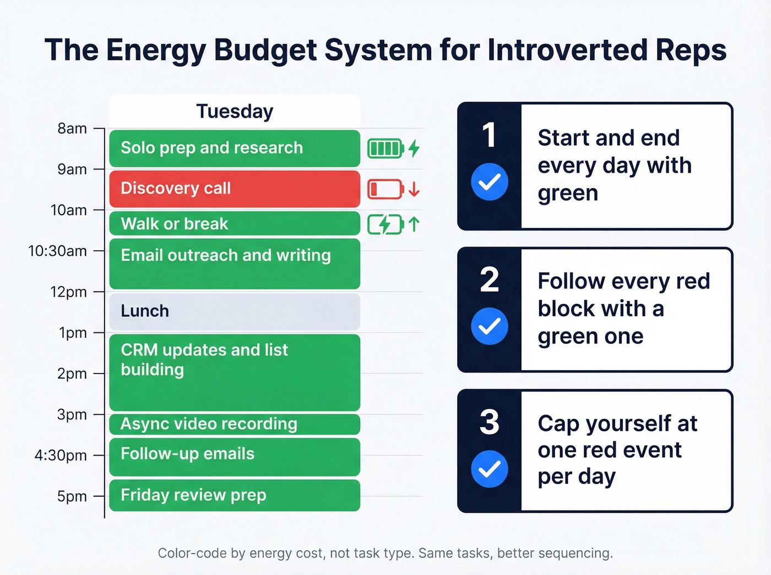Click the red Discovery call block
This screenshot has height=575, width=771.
[x=235, y=189]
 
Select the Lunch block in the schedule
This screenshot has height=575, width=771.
[x=235, y=311]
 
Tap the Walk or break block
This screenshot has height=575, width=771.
[x=235, y=224]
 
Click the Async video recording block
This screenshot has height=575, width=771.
[x=235, y=424]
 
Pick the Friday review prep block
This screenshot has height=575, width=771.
[x=235, y=495]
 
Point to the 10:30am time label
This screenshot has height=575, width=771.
[x=57, y=251]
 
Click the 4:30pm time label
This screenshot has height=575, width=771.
[x=61, y=456]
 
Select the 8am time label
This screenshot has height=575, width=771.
[x=72, y=129]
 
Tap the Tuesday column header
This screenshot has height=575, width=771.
[x=235, y=112]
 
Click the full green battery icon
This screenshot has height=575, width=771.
[x=385, y=149]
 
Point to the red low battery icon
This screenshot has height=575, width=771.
[x=385, y=189]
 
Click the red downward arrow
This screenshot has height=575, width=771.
[x=414, y=190]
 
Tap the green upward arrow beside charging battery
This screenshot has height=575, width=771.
[x=414, y=224]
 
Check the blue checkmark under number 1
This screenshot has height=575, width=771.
[x=490, y=182]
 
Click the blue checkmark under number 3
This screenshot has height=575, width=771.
[x=490, y=469]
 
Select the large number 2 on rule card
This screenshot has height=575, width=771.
[x=490, y=280]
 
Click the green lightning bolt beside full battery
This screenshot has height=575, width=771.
[x=414, y=148]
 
